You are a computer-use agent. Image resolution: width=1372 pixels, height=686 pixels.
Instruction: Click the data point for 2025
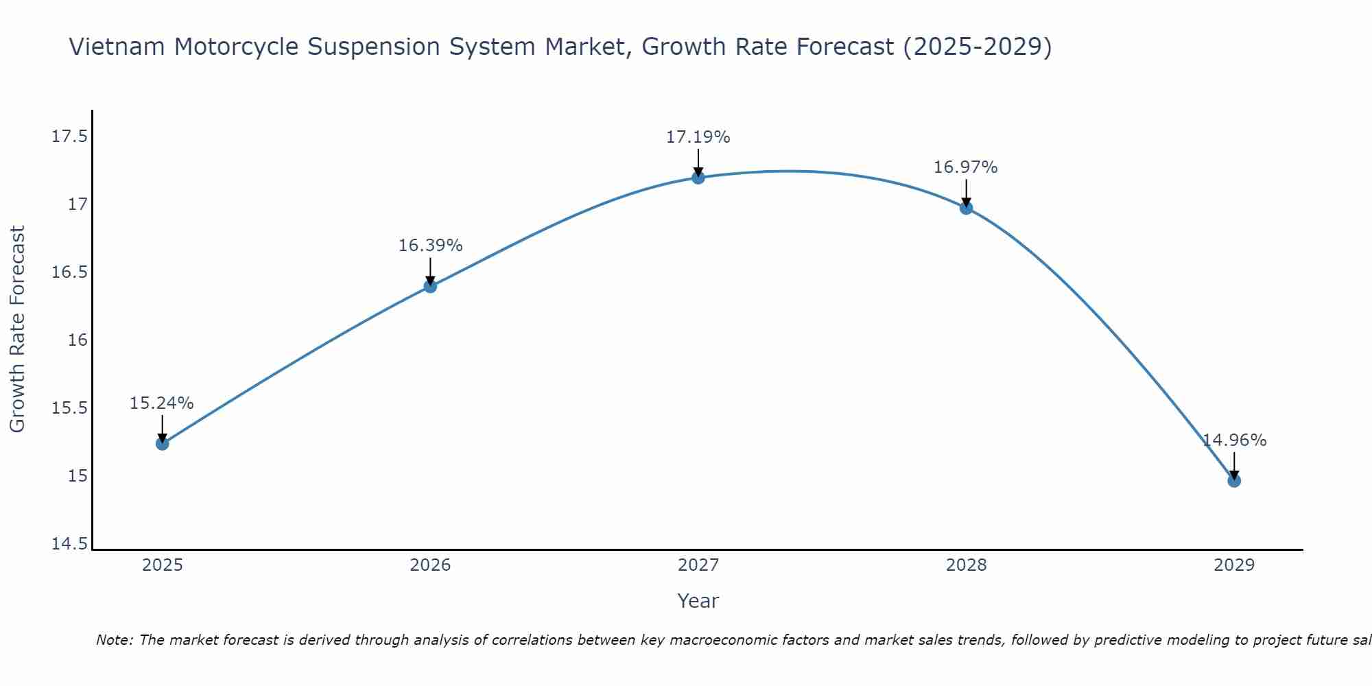pos(162,444)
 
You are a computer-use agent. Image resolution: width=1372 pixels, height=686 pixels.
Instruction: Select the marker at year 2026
pos(430,286)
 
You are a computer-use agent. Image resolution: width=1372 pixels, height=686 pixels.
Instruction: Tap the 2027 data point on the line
pos(698,178)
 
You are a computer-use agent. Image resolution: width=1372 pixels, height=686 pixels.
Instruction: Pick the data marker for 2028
pos(966,208)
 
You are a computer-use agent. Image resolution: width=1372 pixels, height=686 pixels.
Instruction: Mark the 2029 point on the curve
pos(1234,481)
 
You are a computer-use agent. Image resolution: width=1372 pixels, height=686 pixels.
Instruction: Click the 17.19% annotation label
pos(698,137)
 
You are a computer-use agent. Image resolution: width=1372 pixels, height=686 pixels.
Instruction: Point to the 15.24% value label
pos(162,403)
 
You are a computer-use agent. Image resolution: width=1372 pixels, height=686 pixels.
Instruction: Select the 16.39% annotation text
pos(430,246)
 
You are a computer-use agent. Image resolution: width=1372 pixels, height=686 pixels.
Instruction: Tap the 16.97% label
pos(966,167)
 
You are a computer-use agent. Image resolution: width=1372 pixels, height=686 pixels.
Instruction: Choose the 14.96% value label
pos(1234,440)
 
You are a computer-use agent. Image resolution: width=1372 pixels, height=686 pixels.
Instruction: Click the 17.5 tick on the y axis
pos(69,137)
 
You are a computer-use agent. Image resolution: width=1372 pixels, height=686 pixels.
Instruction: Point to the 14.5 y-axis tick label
pos(69,544)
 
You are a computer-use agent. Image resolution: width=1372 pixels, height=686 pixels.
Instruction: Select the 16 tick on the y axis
pos(78,340)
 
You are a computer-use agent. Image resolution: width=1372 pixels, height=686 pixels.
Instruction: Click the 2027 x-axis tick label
pos(698,565)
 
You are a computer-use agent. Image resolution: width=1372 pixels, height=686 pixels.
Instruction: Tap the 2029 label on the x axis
pos(1234,565)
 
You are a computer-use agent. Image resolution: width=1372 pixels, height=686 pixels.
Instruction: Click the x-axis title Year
pos(698,601)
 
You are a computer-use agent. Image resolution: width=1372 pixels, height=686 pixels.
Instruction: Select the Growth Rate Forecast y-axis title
pos(17,329)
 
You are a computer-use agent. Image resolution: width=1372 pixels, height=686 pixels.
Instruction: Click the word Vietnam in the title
pos(117,47)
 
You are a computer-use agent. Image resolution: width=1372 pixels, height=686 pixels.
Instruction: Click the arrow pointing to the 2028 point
pos(966,193)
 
